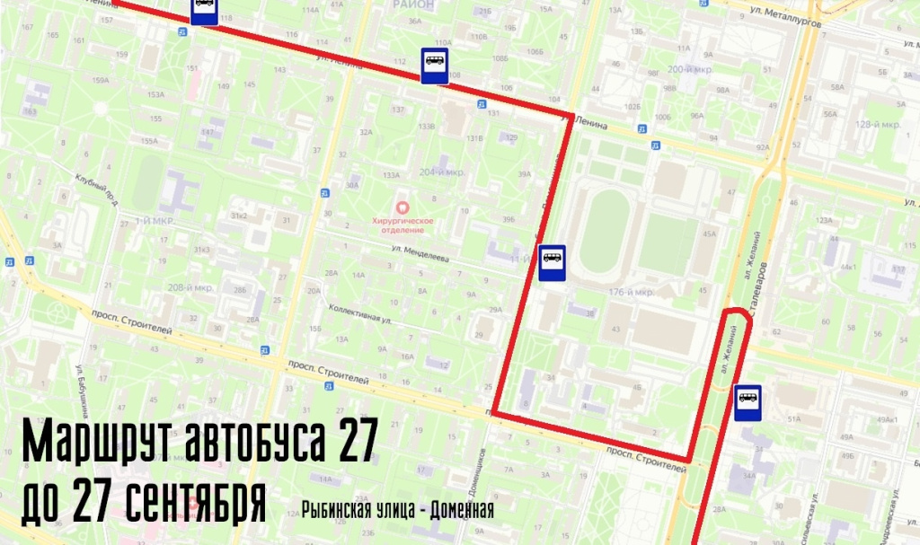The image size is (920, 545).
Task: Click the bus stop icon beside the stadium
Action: coord(552,262)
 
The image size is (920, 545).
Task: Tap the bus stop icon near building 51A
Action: coord(747,402)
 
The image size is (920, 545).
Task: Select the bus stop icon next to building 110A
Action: coord(434,66)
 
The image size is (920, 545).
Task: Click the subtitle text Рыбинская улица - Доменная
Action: coord(398,511)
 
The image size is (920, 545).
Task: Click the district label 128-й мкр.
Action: coord(878,125)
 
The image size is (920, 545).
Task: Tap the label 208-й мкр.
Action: coord(190,288)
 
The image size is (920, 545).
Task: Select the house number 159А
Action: coord(100,81)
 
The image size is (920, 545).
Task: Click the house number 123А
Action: coord(823,220)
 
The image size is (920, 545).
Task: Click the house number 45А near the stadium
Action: coord(710,234)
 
